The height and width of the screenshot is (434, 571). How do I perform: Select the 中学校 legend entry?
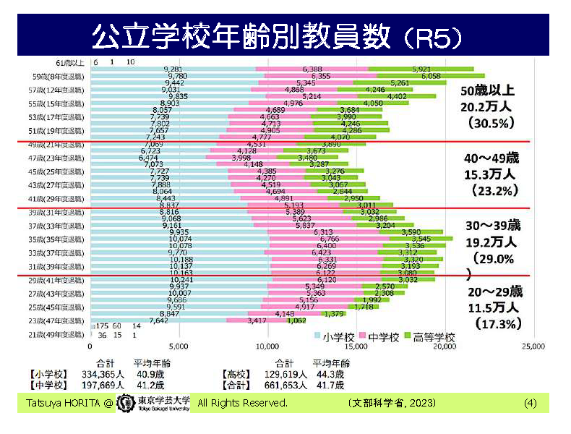pos(383,336)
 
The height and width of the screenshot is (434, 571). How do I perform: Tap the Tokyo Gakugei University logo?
pos(154,402)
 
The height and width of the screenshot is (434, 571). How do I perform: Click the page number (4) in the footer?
pos(530,402)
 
